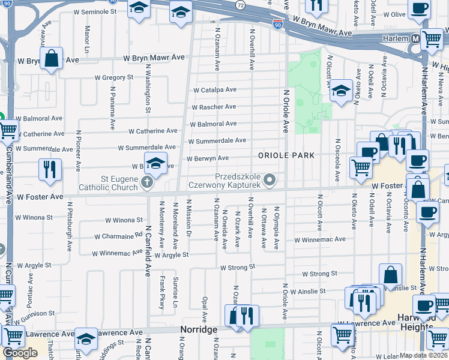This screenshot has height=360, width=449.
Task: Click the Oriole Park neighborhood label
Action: pyautogui.click(x=286, y=155)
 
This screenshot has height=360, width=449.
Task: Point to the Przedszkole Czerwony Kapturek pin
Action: pyautogui.click(x=271, y=179)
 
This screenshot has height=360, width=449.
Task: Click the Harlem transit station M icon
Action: pyautogui.click(x=415, y=38)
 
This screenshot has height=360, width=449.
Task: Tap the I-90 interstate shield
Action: pyautogui.click(x=277, y=24)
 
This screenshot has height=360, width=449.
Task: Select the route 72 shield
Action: pyautogui.click(x=240, y=5)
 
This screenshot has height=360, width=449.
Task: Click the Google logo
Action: pyautogui.click(x=20, y=353)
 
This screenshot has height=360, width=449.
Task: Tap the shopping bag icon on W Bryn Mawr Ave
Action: pyautogui.click(x=52, y=59)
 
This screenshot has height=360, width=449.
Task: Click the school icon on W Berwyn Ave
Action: pyautogui.click(x=155, y=164)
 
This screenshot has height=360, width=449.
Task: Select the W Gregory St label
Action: pyautogui.click(x=113, y=77)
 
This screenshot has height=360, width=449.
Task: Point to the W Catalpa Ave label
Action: pyautogui.click(x=215, y=90)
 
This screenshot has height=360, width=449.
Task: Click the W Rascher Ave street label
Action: pyautogui.click(x=213, y=107)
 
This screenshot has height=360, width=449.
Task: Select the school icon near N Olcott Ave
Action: pyautogui.click(x=341, y=91)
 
